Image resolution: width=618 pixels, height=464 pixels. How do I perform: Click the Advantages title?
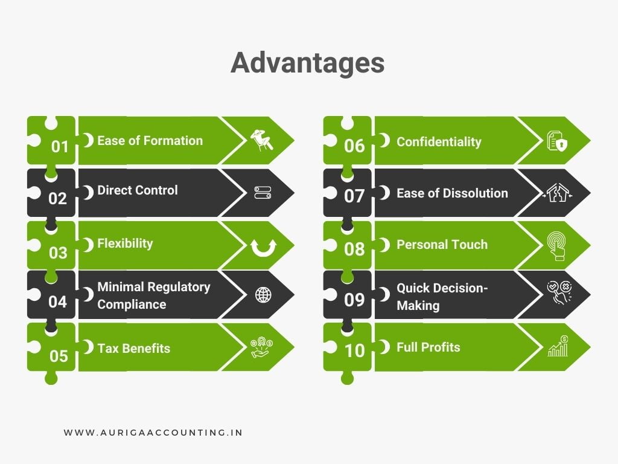308,63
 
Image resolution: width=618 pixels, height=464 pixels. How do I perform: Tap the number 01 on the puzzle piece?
59,147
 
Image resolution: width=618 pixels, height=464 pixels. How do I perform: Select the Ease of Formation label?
150,141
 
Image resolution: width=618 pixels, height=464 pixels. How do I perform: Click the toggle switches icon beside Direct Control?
263,193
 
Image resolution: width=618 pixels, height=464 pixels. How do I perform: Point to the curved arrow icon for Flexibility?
263,246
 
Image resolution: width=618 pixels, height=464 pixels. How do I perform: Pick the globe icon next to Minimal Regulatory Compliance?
263,295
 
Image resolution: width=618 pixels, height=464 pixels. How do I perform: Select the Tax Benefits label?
133,348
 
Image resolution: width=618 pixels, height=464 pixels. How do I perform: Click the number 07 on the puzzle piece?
354,197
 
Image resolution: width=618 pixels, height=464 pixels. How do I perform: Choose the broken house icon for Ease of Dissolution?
557,193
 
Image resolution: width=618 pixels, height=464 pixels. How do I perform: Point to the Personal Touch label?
442,245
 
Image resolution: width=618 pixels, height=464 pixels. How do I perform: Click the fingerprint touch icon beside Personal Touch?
556,246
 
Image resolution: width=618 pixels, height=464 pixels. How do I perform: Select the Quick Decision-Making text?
442,297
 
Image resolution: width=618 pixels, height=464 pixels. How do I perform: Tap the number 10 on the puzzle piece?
354,351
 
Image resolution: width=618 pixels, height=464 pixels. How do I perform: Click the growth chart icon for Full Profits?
557,347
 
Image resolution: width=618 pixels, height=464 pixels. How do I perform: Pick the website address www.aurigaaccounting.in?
153,433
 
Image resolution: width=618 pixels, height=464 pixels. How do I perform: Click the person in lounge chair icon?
262,140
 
